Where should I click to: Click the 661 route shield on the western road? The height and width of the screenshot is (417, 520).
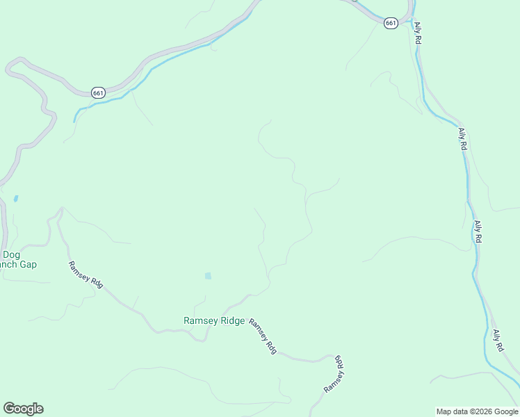[x=98, y=92]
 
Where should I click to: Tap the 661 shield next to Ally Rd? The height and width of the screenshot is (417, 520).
[x=391, y=23]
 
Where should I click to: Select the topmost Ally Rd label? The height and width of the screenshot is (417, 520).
[x=418, y=33]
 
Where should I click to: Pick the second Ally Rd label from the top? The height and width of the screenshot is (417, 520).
[x=462, y=139]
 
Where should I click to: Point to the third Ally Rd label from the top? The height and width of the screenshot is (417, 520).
[x=478, y=231]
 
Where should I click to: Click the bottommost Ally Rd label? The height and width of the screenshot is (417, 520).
[x=498, y=340]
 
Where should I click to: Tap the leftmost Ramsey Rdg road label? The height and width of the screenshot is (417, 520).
[x=86, y=275]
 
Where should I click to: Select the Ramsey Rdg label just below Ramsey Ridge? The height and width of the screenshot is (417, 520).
[x=263, y=336]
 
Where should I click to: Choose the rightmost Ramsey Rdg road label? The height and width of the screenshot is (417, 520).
[x=334, y=373]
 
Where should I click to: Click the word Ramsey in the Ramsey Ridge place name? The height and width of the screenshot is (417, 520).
[x=199, y=320]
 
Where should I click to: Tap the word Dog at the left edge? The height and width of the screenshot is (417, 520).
[x=11, y=254]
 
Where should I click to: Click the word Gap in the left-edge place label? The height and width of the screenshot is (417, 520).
[x=29, y=264]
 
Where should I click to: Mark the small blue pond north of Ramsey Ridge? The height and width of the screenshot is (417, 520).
[x=208, y=276]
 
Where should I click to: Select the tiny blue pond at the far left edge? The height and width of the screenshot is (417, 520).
[x=15, y=198]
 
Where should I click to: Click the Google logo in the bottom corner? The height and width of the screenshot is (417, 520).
[x=23, y=409]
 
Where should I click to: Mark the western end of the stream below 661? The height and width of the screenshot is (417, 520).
[x=74, y=121]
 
